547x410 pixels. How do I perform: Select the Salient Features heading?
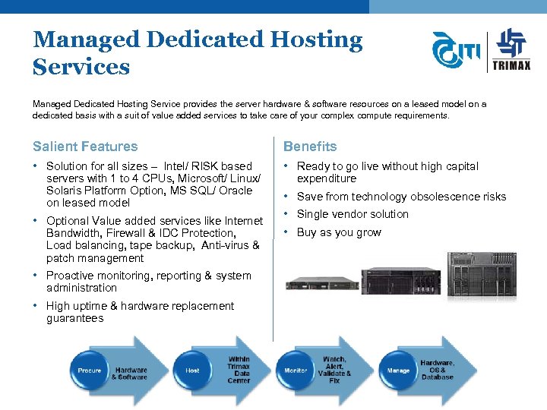pyautogui.click(x=85, y=147)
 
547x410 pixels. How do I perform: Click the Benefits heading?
pyautogui.click(x=310, y=147)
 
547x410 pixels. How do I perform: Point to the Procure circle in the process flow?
pyautogui.click(x=90, y=371)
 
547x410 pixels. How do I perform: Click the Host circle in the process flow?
pyautogui.click(x=193, y=371)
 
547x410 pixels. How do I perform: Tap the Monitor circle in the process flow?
pyautogui.click(x=296, y=371)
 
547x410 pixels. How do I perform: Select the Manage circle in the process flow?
pyautogui.click(x=398, y=371)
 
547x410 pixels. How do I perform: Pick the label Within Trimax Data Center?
pyautogui.click(x=239, y=370)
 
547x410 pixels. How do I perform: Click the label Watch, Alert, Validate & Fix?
pyautogui.click(x=334, y=370)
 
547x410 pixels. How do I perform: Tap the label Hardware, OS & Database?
pyautogui.click(x=438, y=370)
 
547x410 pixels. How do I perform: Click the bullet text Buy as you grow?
pyautogui.click(x=339, y=232)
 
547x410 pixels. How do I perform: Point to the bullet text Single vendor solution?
pyautogui.click(x=353, y=214)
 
